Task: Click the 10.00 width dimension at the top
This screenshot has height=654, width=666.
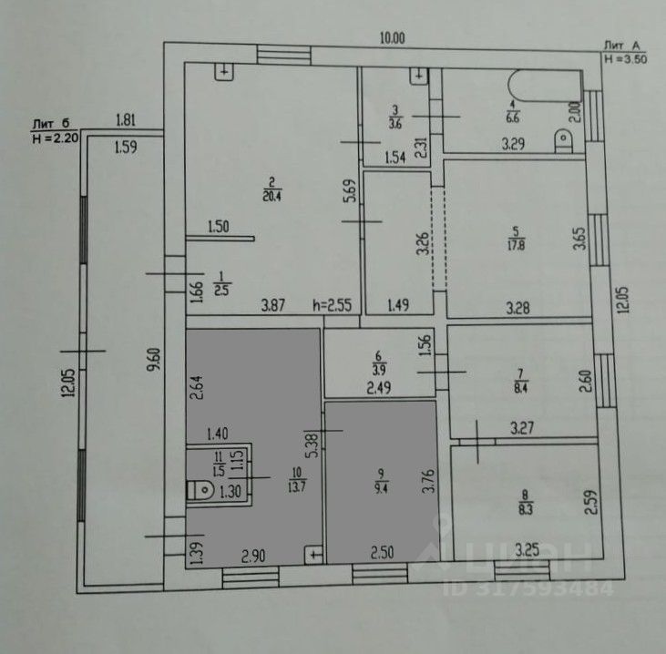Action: pyautogui.click(x=393, y=37)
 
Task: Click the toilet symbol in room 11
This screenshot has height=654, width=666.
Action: pyautogui.click(x=200, y=491)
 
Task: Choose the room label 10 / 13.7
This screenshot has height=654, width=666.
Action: pyautogui.click(x=294, y=480)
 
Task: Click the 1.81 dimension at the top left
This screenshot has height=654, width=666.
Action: pyautogui.click(x=126, y=118)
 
